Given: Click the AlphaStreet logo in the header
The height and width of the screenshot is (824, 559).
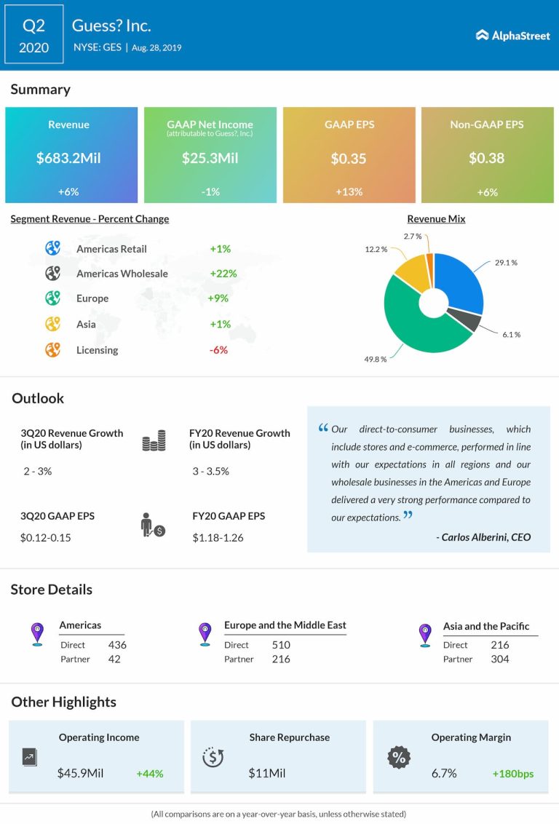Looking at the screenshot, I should coord(512,35).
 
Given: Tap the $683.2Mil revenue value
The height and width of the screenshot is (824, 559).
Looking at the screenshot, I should coord(68,158).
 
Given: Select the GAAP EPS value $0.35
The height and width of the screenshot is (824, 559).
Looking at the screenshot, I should coord(349,158).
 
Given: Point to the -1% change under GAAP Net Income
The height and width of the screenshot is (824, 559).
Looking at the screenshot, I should coord(210,191).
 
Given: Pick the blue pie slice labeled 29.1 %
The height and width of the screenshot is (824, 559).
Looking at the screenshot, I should coord(461,280).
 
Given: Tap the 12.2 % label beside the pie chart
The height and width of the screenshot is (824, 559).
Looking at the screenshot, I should coord(376,250).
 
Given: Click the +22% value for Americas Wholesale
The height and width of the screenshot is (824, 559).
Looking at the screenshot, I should coord(223,274).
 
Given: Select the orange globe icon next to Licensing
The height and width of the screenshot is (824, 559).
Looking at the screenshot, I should coord(52,349).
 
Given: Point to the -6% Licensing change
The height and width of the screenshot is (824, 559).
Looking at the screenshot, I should coord(218,350).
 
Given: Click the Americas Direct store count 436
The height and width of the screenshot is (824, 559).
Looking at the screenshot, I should coord(116,645).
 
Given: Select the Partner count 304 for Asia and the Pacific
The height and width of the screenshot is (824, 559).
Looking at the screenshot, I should coord(499,659).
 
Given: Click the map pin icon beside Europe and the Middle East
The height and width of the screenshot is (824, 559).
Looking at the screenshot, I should coord(206,633).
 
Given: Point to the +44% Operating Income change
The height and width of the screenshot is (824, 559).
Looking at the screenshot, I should coord(149,774).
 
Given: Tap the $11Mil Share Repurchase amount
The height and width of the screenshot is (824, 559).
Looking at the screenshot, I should coord(267,773).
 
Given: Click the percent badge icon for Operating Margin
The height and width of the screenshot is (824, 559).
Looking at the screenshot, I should coord(399,758).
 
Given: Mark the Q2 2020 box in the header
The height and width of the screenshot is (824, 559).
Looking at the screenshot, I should coord(34,36).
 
